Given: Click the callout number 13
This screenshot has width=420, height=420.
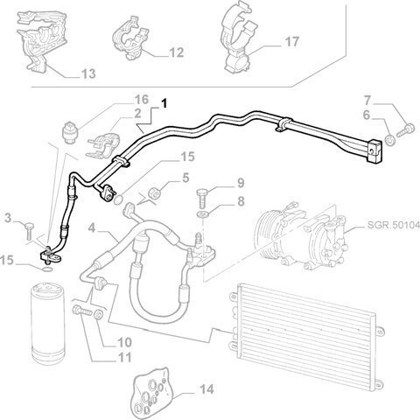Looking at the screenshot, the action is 88,73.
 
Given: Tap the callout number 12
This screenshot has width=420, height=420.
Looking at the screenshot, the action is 177,52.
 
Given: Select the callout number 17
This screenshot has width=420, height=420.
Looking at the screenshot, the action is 291,42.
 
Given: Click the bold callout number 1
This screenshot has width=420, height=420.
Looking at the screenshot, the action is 164,103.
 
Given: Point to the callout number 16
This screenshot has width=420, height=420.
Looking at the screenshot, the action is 142,100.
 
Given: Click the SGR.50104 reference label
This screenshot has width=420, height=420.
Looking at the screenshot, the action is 393,225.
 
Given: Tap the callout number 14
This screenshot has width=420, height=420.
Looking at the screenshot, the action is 206,389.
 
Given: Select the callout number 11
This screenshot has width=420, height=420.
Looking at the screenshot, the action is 124,357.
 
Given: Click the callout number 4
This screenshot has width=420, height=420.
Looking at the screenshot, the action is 92,227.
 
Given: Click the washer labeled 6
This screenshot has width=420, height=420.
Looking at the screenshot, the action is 389,140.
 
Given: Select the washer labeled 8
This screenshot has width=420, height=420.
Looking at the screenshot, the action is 203,214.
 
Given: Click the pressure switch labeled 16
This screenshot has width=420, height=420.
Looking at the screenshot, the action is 71,132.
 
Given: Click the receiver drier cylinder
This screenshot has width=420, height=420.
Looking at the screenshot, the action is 47,323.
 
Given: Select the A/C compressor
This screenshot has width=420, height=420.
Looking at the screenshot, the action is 300,235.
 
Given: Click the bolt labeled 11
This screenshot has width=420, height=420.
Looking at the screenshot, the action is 82,311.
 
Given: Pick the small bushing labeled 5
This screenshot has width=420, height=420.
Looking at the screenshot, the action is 155,193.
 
